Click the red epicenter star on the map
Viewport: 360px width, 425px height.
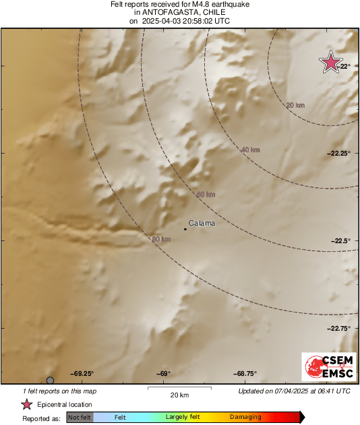[330, 63]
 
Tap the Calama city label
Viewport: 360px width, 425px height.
[202, 223]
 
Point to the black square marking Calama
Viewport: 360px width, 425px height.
[185, 229]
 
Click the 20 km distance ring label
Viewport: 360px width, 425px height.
[295, 105]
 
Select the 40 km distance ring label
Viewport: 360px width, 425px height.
[250, 149]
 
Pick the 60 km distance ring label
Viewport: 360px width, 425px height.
[205, 195]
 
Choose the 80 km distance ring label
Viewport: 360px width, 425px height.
[161, 239]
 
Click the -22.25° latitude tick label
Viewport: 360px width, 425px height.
[340, 154]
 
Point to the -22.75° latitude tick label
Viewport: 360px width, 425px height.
[340, 329]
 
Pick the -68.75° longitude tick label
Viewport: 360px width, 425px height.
[245, 374]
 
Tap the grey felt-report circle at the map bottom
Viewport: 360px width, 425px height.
[50, 381]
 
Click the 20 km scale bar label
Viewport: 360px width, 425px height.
[179, 395]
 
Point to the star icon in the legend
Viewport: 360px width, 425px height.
[27, 404]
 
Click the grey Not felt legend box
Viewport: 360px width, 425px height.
[79, 418]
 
